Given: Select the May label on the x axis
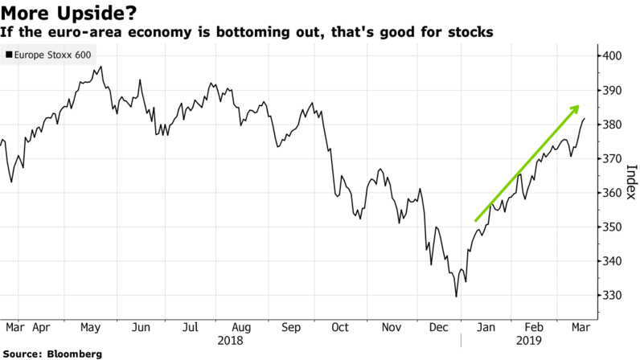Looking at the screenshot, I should (89, 328).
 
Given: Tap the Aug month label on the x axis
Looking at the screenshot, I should (241, 328).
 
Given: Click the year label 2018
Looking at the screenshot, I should (231, 341).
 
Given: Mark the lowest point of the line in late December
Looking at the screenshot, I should (457, 297).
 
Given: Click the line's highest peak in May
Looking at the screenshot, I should (101, 67).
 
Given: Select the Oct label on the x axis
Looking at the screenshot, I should (341, 328).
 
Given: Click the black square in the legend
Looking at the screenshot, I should (8, 55).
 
